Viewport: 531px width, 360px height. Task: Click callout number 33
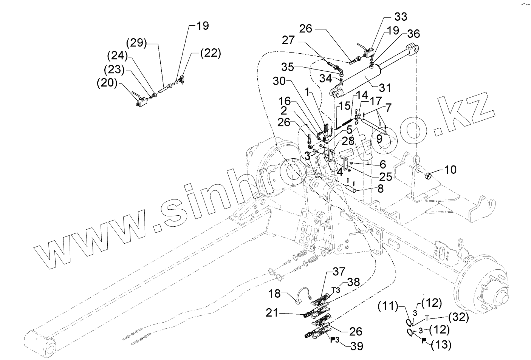(x=401, y=17)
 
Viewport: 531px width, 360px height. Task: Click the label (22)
(x=210, y=53)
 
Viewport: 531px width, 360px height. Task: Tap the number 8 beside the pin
(x=380, y=188)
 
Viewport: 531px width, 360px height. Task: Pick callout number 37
(x=339, y=272)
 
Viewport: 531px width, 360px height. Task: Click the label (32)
(x=458, y=317)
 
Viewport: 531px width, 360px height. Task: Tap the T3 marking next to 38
(x=336, y=290)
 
